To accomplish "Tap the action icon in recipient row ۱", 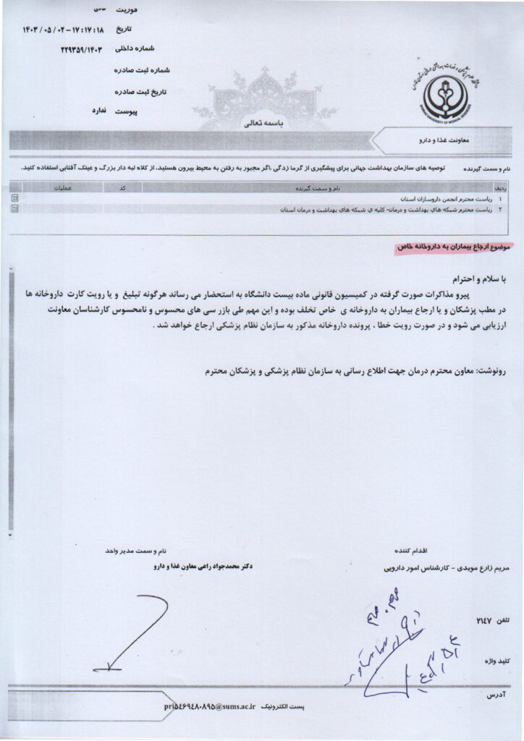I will pos(15,198).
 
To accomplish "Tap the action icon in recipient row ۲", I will pos(15,208).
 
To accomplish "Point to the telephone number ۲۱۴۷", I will pos(483,621).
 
